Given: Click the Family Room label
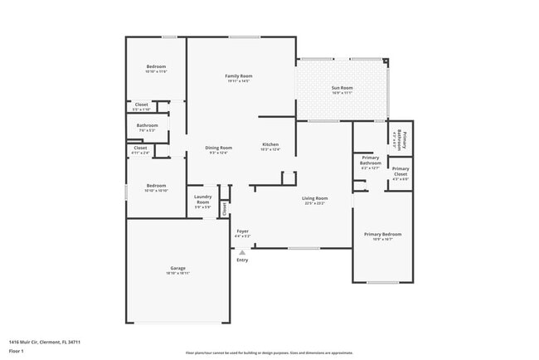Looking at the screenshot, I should pos(238,76).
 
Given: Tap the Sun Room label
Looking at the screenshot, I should pos(342,87).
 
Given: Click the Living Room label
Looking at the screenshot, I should pos(314,198).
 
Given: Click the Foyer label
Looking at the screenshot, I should pos(242,231).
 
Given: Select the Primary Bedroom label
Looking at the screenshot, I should pos(382,235).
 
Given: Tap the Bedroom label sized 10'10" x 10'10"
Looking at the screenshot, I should pos(157,186).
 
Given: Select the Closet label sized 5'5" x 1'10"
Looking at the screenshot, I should pos(142,105).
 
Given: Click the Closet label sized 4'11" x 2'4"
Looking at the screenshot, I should pos(141,149).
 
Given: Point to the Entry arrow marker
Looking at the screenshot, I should pos(242,251).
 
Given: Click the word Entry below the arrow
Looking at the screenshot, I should pos(242,260).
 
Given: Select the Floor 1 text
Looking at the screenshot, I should pos(16,351).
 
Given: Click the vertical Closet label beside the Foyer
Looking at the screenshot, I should pos(224,208).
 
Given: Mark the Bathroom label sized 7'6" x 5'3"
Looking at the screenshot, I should pos(148,126).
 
